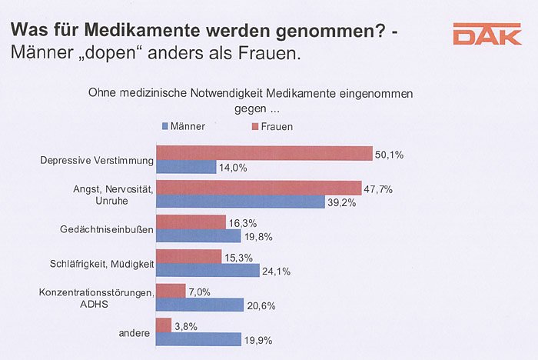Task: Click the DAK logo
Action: (487, 35)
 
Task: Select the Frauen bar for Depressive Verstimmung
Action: (264, 153)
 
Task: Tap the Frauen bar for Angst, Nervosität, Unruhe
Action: (259, 188)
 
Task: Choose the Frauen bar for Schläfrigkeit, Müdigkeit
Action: (189, 256)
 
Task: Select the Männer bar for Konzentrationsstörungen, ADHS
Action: (200, 305)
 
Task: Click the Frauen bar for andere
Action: (164, 325)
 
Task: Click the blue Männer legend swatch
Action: (164, 126)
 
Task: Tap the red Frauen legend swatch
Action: (254, 126)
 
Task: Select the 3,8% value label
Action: (186, 326)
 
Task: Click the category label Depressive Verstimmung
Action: (97, 160)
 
